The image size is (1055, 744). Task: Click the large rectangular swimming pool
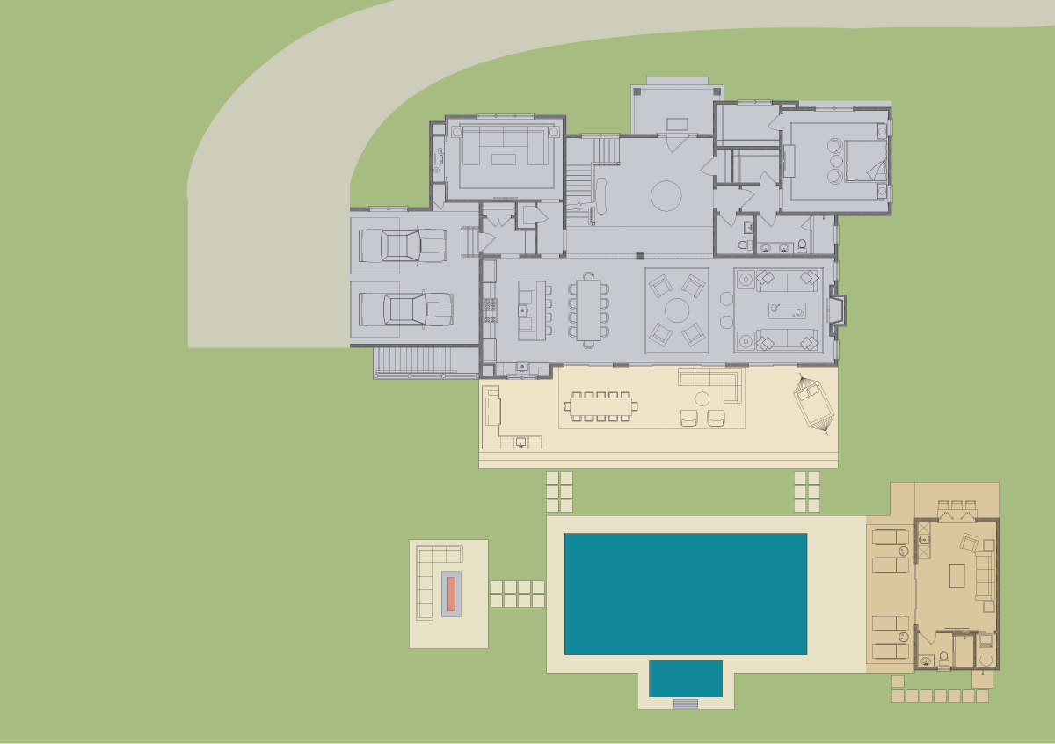685,594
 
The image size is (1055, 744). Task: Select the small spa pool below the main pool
685,678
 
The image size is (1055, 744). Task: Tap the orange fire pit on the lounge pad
450,593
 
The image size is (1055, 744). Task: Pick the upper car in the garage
402,245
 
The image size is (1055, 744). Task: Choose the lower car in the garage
405,310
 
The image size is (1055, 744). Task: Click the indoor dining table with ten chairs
588,310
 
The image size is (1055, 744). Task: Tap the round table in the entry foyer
666,195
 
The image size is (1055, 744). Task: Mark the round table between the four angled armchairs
676,310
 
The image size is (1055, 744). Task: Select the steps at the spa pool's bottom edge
685,704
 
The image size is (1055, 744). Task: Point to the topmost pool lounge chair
890,537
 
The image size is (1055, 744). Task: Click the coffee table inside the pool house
957,576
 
